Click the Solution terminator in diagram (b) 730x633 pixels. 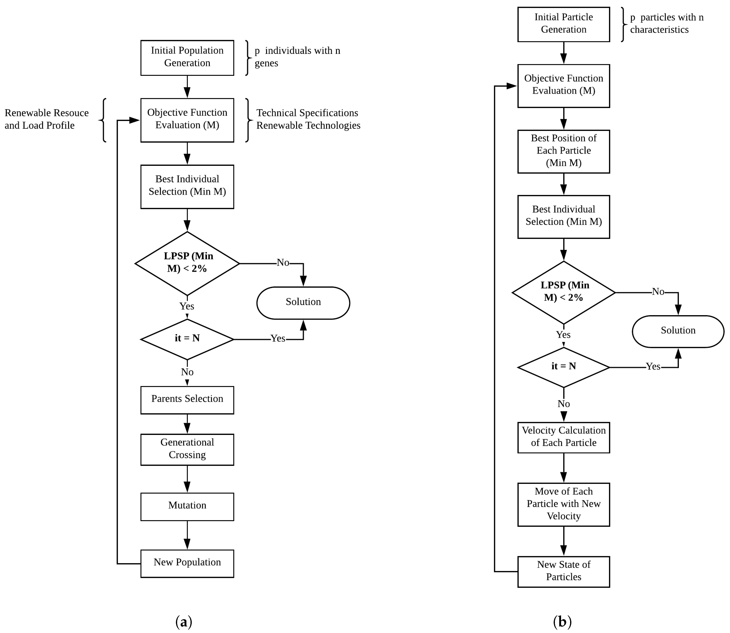point(678,331)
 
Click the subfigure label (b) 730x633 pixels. point(562,621)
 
